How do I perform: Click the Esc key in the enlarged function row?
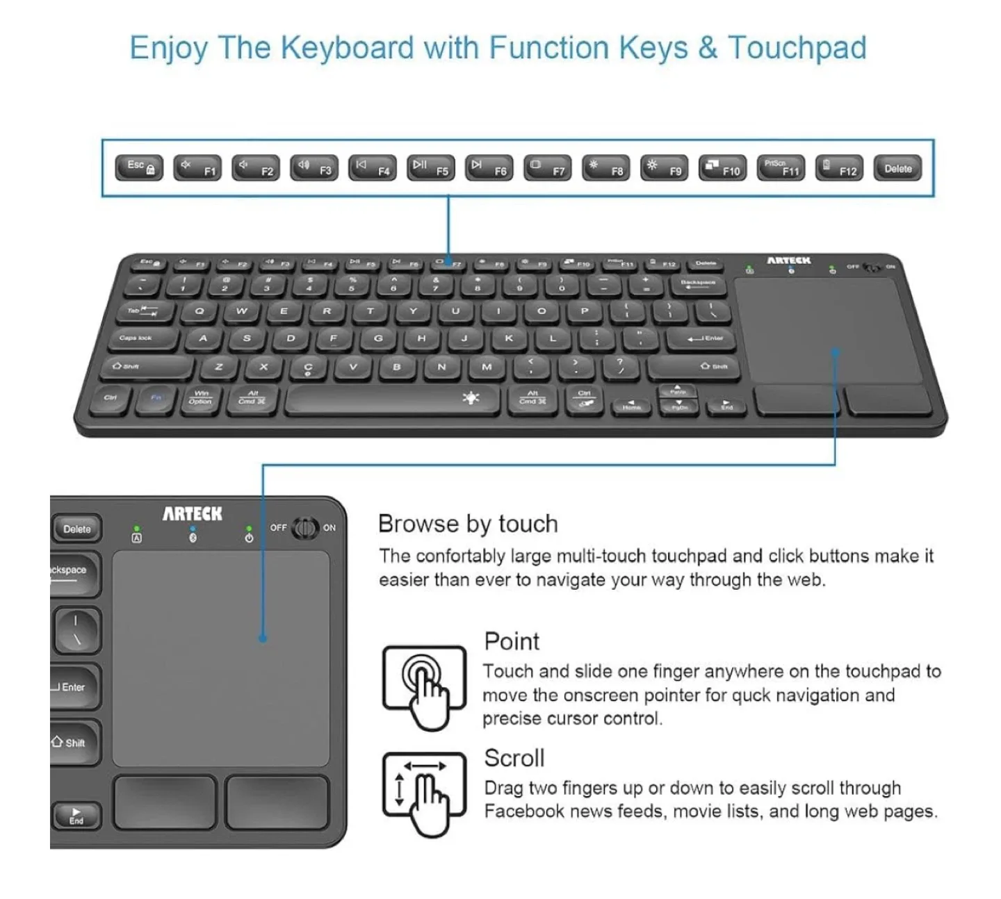[x=139, y=167]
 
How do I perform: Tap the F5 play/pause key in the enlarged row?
[x=431, y=167]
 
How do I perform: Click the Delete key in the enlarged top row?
[x=897, y=168]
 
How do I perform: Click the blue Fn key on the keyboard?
[x=156, y=398]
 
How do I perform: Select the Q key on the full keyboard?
[x=200, y=311]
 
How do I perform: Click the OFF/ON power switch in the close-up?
[x=304, y=528]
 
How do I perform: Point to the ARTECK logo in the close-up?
[x=193, y=514]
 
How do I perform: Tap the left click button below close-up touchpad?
[x=165, y=801]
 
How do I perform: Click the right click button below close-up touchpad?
[x=277, y=801]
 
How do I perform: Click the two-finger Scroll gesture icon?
[x=424, y=792]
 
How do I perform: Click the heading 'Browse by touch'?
[x=468, y=524]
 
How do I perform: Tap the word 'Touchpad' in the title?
[x=797, y=48]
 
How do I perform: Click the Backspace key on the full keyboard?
[x=698, y=283]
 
